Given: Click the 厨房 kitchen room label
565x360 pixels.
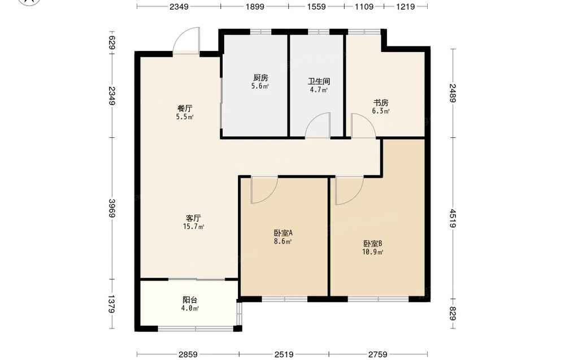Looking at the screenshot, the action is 260,77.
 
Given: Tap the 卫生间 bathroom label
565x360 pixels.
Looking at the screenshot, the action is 319,81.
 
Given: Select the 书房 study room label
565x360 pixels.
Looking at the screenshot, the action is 381,103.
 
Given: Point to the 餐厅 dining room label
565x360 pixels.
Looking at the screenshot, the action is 185,108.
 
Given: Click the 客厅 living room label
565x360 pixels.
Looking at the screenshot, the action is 193,218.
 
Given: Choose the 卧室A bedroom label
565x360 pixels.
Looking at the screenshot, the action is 283,233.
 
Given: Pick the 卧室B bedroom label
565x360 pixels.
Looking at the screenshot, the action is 372,244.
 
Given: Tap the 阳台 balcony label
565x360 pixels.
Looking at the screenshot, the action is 190,300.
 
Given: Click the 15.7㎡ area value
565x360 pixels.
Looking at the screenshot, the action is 193,227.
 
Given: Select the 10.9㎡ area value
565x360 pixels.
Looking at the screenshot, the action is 372,252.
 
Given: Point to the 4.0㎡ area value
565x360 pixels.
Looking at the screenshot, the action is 190,309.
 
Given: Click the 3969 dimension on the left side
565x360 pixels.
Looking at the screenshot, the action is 112,209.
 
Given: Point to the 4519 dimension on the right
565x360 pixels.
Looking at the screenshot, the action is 453,218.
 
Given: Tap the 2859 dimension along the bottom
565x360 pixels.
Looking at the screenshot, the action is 188,354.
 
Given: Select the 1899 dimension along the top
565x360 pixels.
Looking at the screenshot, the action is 255,6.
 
